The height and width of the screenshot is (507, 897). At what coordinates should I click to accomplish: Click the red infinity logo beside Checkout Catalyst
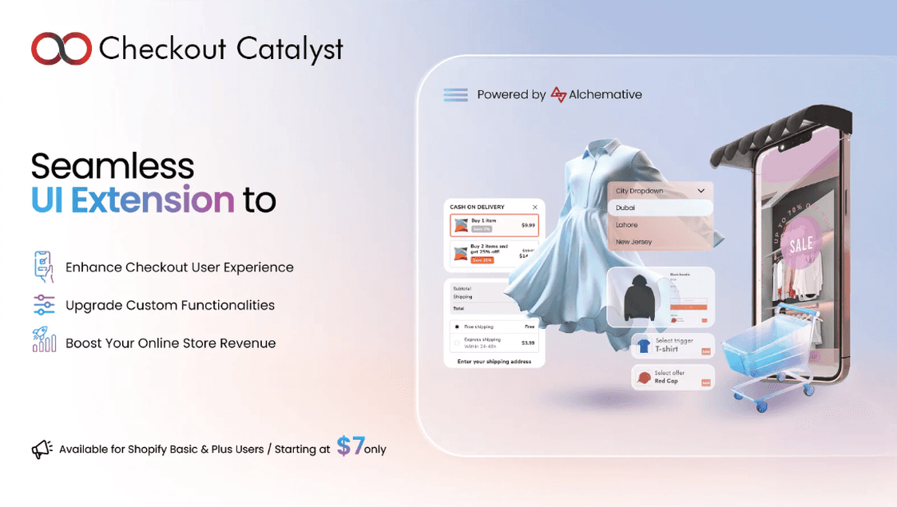[62, 49]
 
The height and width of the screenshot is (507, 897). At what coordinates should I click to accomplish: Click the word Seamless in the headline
[113, 166]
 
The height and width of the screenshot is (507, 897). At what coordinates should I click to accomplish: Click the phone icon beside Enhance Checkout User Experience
[44, 267]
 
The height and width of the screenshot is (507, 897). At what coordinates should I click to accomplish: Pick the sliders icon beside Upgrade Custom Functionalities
[44, 305]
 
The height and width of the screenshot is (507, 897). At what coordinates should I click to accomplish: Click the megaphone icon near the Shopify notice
[42, 449]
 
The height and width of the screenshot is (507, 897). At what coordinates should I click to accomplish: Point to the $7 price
[350, 446]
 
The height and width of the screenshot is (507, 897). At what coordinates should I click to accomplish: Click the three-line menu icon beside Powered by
[455, 95]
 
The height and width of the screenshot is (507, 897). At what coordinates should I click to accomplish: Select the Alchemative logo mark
[559, 95]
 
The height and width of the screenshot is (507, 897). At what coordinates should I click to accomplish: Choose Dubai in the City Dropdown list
[625, 208]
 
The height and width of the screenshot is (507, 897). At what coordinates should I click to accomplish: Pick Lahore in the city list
[627, 225]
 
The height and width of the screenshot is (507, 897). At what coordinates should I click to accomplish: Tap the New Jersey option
[633, 242]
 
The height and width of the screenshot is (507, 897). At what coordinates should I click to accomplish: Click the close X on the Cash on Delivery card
[535, 208]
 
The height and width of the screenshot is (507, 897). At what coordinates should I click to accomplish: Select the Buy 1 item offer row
[494, 225]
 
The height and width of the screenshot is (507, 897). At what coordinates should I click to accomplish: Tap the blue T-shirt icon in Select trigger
[643, 346]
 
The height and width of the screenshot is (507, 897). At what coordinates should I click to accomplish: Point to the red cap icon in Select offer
[643, 377]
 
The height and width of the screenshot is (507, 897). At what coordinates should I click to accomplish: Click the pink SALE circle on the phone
[800, 244]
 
